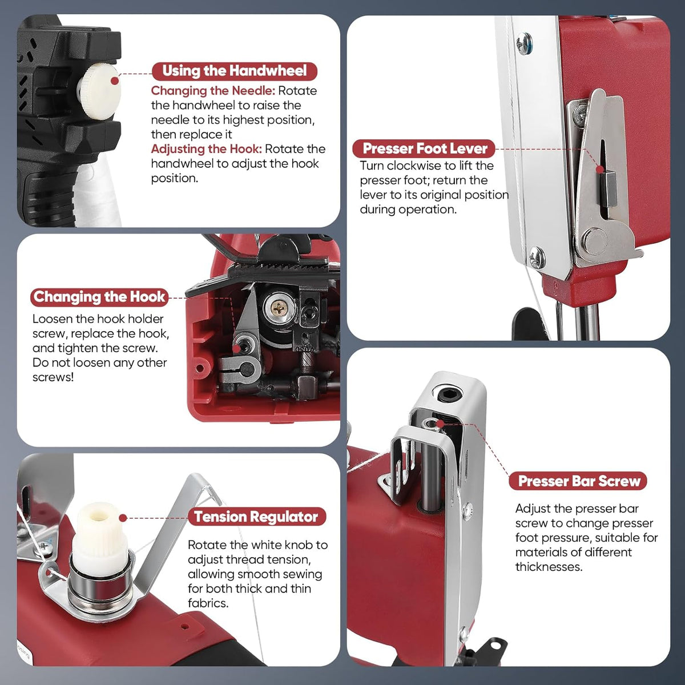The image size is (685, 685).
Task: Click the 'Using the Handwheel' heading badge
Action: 234,71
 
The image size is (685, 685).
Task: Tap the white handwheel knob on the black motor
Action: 98,91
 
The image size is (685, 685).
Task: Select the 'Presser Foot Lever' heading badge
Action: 424,148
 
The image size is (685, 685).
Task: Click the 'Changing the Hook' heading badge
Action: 99,297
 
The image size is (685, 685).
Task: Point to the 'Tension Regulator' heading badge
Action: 256,517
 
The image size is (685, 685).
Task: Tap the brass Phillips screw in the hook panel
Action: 279,308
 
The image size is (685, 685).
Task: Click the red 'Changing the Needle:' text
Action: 213,91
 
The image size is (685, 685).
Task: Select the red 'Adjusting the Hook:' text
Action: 207,149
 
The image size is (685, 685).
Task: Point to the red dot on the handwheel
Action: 115,81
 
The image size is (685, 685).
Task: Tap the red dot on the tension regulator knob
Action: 123,518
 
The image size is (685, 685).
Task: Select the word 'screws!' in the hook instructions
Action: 53,377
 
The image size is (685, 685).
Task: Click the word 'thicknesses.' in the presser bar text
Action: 549,567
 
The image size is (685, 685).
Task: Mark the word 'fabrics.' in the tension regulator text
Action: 208,603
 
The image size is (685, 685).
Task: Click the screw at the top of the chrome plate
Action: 523,43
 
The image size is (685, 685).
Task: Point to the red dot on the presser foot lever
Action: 600,169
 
